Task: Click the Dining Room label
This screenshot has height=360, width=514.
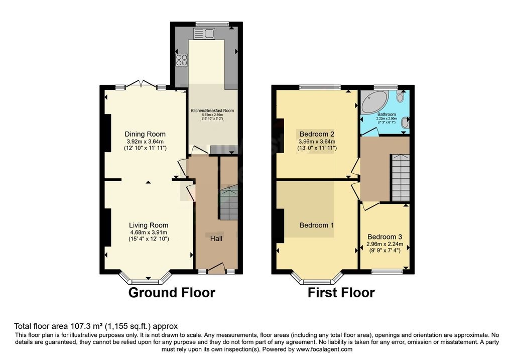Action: (x=145, y=134)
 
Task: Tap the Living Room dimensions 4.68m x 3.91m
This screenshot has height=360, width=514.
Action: (x=148, y=232)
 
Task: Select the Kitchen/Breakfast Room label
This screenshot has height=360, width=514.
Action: (x=212, y=110)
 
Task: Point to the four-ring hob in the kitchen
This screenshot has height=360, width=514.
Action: (x=182, y=60)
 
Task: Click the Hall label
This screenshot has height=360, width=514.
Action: (x=216, y=238)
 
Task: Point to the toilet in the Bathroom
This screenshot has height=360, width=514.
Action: (x=400, y=95)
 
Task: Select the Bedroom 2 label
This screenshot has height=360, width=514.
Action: (x=317, y=134)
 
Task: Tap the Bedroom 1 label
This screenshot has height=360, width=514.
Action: (x=317, y=225)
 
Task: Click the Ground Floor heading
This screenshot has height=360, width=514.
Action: (x=172, y=293)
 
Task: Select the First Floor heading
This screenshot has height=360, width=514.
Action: (x=341, y=293)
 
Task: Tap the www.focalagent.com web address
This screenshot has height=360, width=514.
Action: (x=324, y=349)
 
